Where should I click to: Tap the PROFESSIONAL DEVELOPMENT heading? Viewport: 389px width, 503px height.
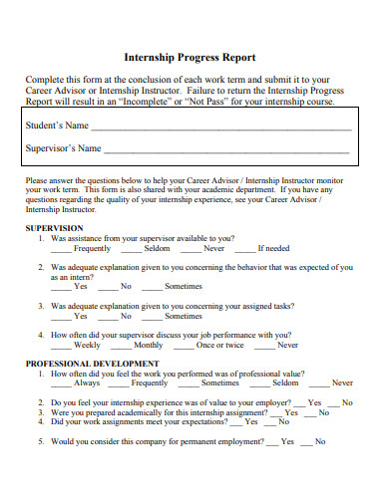pos(92,363)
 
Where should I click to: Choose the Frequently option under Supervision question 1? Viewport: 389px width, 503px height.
pos(84,249)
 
